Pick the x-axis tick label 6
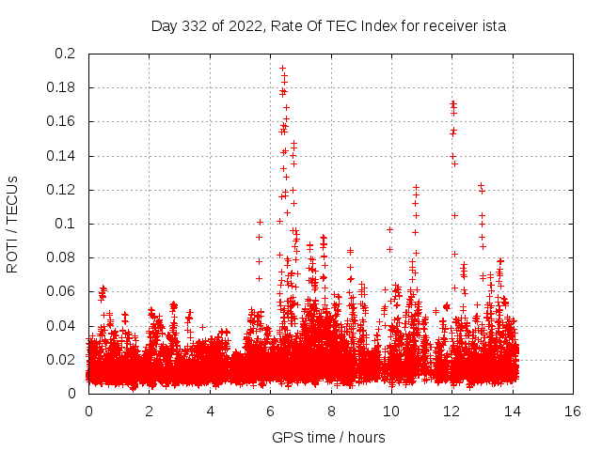tap(270, 412)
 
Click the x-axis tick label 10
tap(391, 412)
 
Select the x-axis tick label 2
tap(149, 412)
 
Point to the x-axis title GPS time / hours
tap(329, 437)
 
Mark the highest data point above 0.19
tap(282, 68)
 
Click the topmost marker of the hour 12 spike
tap(452, 102)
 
